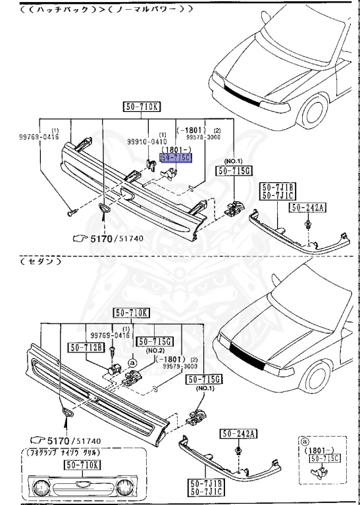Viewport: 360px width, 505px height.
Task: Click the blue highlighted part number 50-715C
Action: coord(176,158)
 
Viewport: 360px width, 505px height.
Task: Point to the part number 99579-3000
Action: coord(181,366)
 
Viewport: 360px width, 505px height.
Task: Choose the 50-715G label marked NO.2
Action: coord(152,342)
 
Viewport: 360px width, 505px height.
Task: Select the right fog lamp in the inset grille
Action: coord(125,487)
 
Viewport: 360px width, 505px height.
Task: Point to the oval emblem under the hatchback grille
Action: coord(103,209)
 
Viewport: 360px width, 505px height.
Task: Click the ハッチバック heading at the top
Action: coord(63,9)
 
